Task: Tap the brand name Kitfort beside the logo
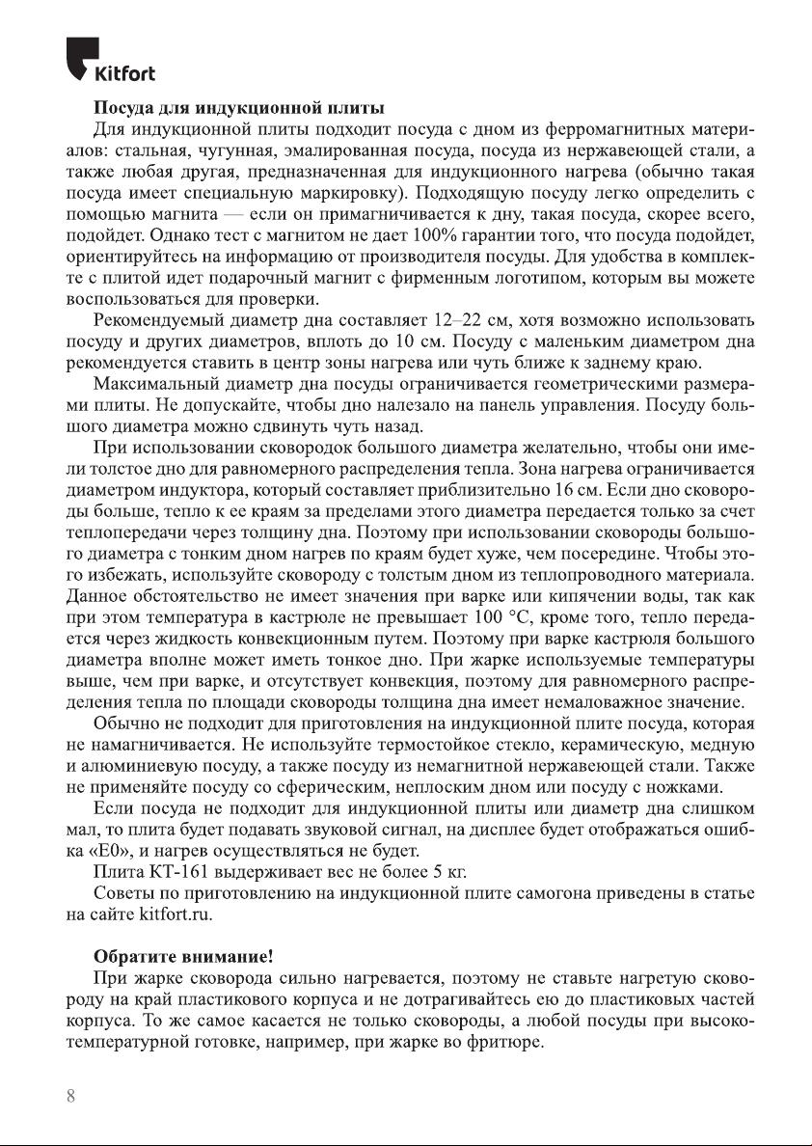coord(123,74)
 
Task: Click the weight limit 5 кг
coord(448,872)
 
